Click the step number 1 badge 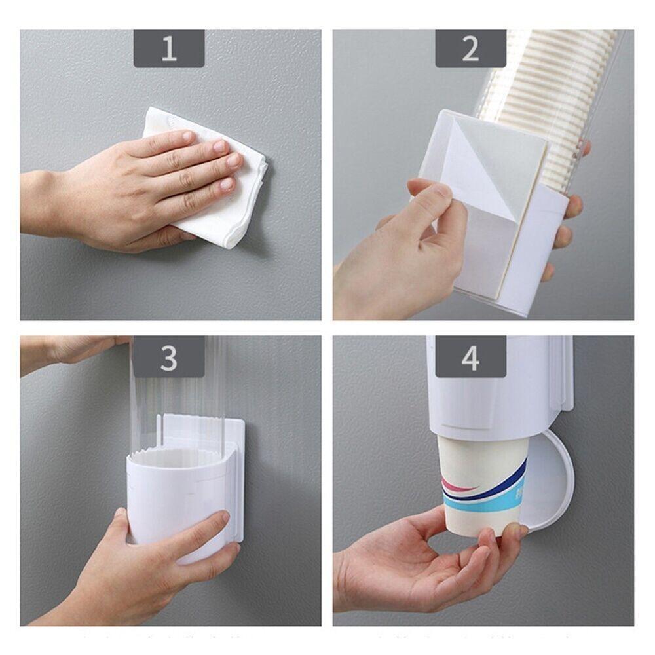pyautogui.click(x=169, y=49)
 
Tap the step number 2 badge pyautogui.click(x=470, y=49)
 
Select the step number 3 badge pyautogui.click(x=169, y=359)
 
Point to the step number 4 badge pyautogui.click(x=470, y=359)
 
